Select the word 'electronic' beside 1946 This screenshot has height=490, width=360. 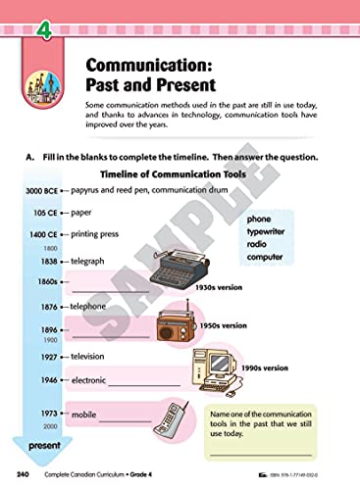91,379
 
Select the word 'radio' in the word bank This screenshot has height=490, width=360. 258,245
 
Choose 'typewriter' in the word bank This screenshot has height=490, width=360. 270,232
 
